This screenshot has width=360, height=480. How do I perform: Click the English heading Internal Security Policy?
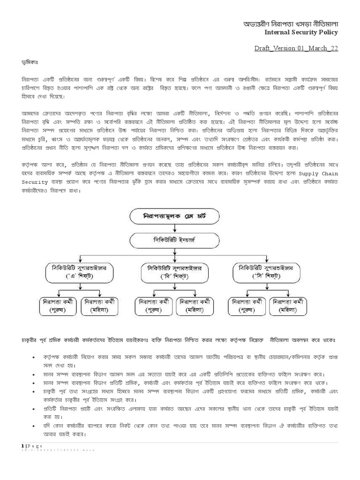pos(301,32)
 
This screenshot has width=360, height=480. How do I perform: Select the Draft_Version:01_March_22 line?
pos(296,48)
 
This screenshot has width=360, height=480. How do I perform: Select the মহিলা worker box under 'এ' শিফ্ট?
pos(101,305)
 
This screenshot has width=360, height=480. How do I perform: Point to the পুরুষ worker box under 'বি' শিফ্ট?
pos(153,305)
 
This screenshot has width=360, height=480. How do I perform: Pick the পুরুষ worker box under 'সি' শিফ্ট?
pos(247,305)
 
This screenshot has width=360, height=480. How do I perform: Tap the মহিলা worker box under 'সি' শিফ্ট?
pos(291,305)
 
